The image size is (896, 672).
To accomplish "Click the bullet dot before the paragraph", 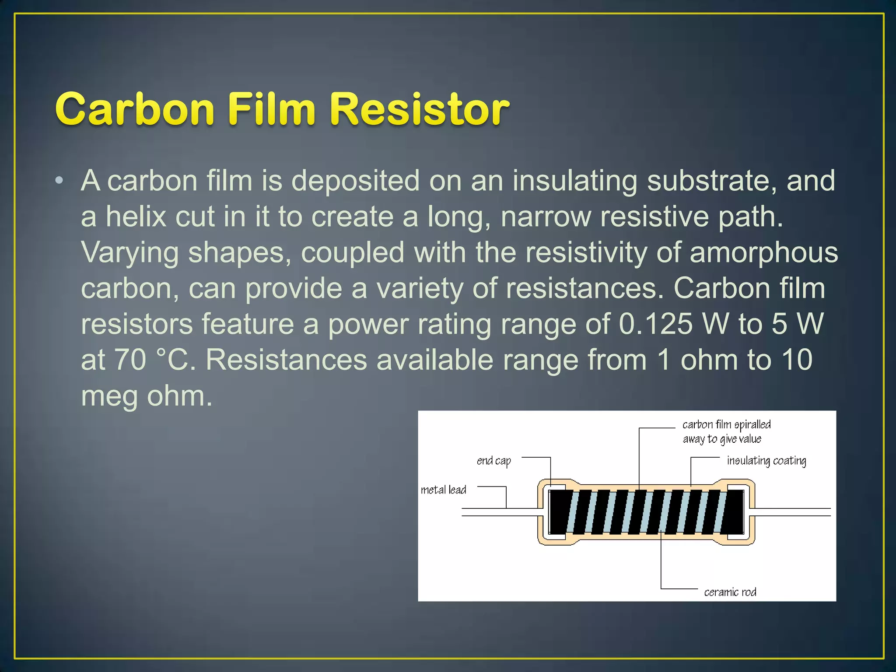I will click(x=59, y=180).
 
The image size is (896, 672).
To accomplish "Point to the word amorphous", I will click(x=763, y=253).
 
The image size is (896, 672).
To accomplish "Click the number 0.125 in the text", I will click(x=656, y=324).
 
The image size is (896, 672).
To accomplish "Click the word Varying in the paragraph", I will click(x=129, y=253).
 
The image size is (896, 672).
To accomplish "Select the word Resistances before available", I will click(x=286, y=360).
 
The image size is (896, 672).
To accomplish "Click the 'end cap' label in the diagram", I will click(x=493, y=461).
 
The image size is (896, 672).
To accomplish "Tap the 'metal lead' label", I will click(x=443, y=490).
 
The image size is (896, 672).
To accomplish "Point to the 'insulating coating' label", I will click(x=766, y=461).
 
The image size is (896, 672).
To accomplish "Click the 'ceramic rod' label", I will click(x=730, y=592).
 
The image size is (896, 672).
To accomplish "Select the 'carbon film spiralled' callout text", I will click(x=726, y=425).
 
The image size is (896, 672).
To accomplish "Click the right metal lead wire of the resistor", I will click(x=792, y=512).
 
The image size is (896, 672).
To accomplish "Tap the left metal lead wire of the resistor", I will click(x=499, y=512).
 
